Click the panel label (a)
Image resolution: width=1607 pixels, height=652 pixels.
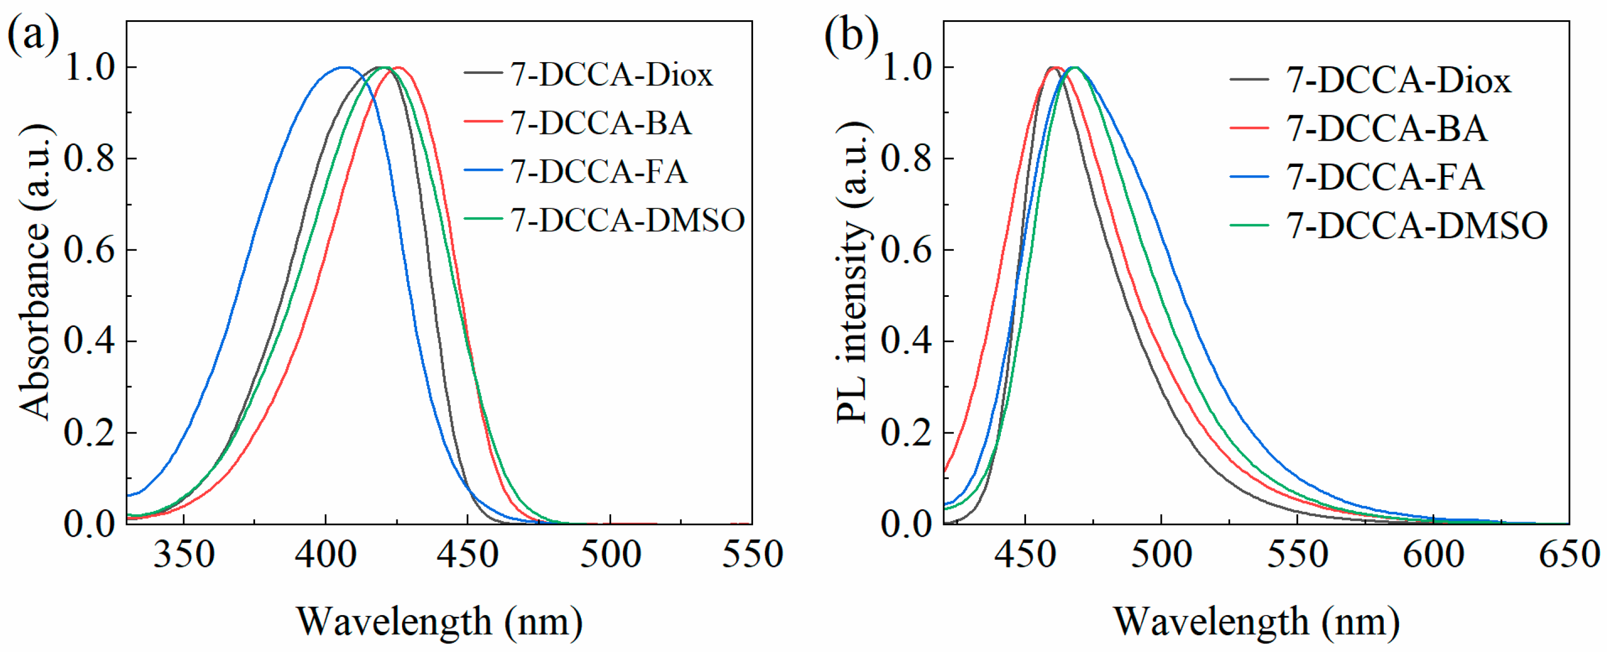33,34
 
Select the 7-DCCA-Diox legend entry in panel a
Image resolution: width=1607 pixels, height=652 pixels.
611,75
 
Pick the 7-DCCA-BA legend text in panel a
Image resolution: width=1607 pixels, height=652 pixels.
601,123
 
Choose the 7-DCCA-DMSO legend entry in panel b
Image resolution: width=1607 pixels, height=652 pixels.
1417,226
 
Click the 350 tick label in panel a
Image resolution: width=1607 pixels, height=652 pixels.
183,554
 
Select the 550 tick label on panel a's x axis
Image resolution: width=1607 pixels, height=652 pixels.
752,554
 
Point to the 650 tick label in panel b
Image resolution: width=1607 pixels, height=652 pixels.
1569,554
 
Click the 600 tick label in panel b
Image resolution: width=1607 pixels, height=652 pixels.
1433,554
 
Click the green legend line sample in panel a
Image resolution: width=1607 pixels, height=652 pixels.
483,219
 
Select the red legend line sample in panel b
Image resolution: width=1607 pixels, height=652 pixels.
1249,128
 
